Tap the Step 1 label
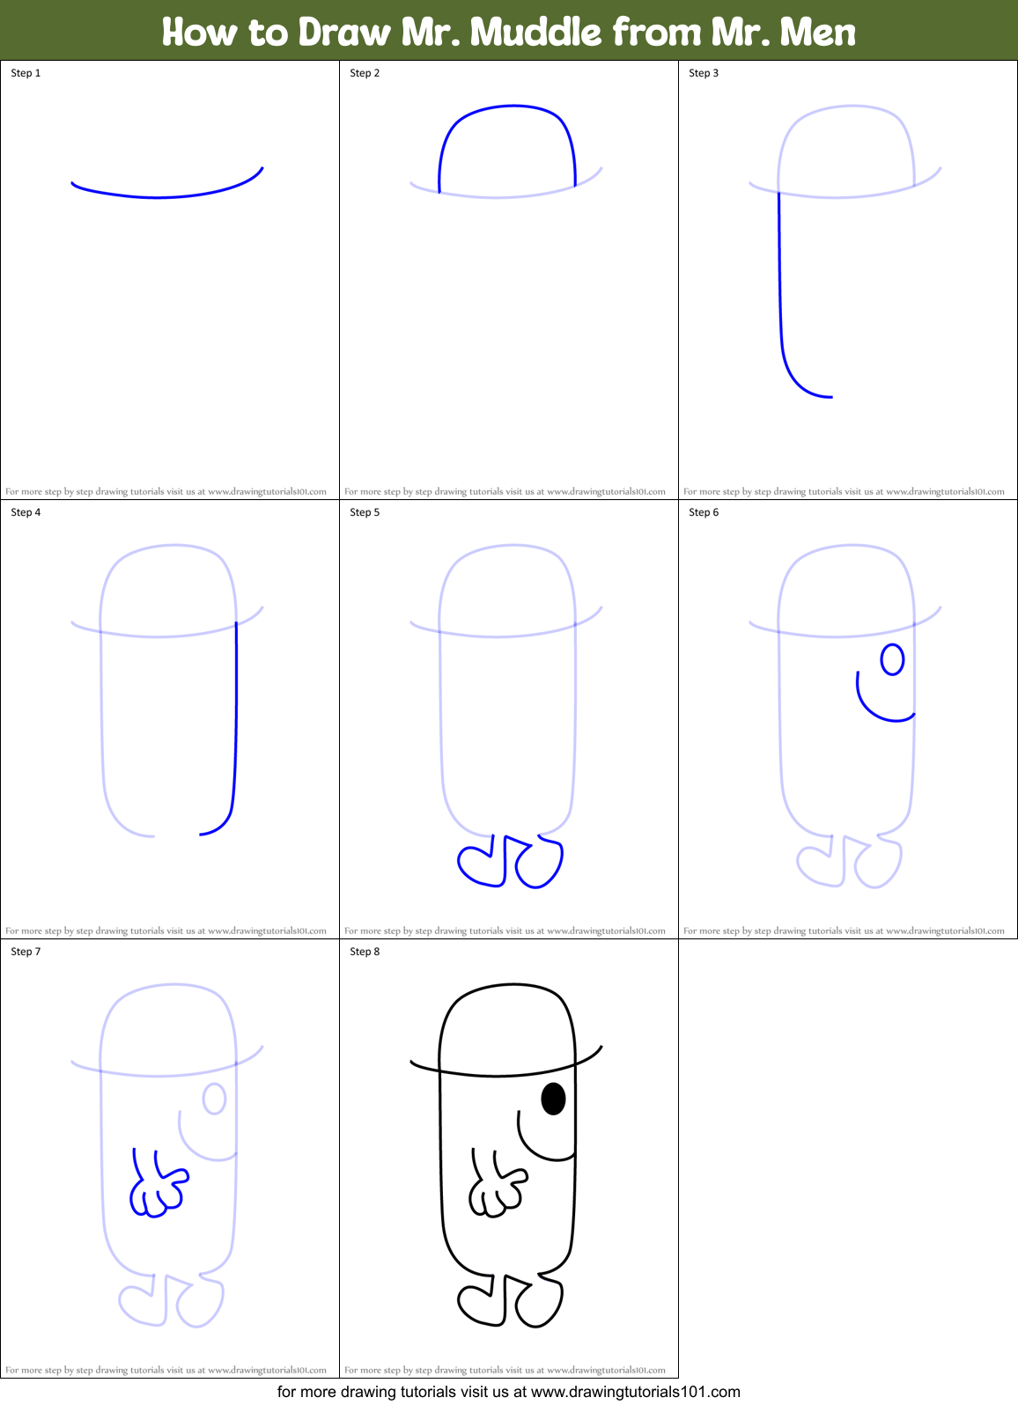click(26, 73)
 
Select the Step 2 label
click(365, 73)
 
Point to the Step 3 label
click(704, 73)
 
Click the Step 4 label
click(26, 512)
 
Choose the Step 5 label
click(365, 512)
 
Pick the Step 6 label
click(704, 512)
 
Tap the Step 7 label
click(26, 952)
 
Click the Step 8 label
click(365, 952)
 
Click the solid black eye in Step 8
click(553, 1099)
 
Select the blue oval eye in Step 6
click(892, 659)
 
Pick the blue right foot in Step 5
click(539, 864)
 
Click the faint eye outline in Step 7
click(214, 1099)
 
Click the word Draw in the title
click(344, 33)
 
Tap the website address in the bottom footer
click(635, 1392)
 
